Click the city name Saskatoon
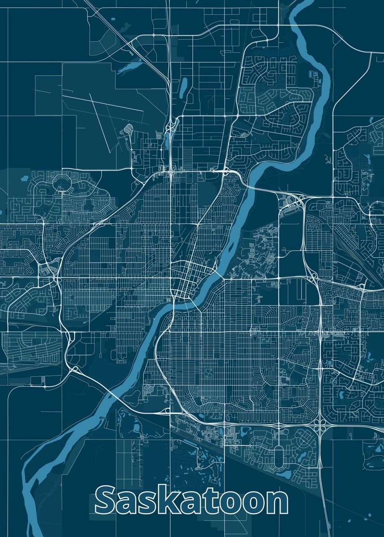pos(192,501)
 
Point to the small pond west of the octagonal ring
pos(24,178)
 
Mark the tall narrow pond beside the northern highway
pos(183,88)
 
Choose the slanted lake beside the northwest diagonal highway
pos(130,67)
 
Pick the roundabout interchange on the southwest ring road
pos(74,370)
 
